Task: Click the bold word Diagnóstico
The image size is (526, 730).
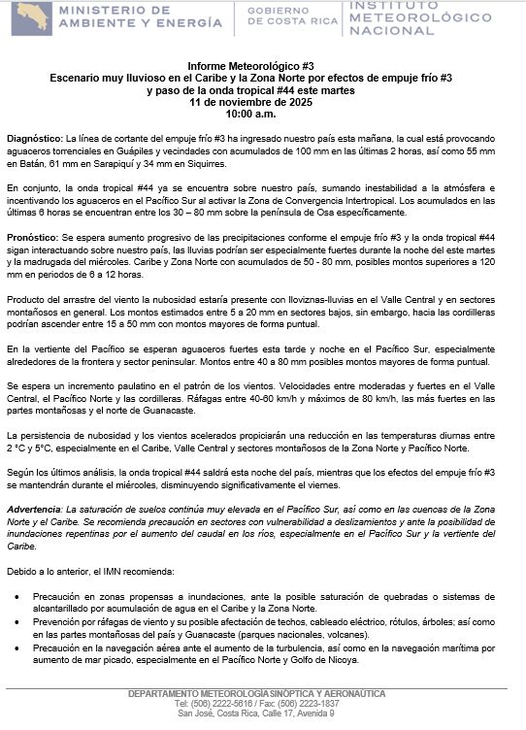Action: click(34, 141)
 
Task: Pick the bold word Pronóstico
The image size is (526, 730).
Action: click(32, 237)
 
